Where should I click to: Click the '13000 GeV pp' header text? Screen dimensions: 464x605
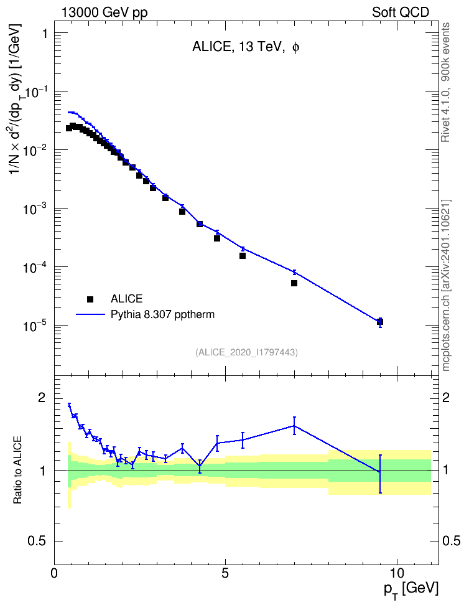[104, 12]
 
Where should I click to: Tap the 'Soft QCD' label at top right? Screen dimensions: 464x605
[401, 12]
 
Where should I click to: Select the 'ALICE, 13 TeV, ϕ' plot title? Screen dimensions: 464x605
[246, 47]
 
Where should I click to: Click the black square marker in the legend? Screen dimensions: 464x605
[90, 299]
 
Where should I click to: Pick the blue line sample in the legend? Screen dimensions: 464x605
[90, 315]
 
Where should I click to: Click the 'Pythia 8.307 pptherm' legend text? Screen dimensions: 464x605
[162, 315]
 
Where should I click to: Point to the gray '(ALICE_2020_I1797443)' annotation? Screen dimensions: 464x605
[246, 352]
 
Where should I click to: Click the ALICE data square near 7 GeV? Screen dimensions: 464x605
[294, 283]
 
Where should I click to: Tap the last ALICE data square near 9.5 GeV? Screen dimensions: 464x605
[380, 322]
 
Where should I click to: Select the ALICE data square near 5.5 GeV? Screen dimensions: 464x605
[242, 255]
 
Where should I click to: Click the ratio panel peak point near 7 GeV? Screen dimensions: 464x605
[294, 426]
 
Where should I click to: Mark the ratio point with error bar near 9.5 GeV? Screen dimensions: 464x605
[380, 472]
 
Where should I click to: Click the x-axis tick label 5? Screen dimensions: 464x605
[225, 572]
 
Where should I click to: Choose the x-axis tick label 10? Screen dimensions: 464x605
[397, 572]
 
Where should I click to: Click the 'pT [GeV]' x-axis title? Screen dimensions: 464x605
[411, 590]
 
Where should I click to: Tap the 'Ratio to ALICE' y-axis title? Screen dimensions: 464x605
[17, 470]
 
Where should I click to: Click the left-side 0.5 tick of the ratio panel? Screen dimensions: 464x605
[38, 542]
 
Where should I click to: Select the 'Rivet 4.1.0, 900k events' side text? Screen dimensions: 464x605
[446, 82]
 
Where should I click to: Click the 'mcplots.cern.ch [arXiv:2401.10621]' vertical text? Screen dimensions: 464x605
[446, 286]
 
